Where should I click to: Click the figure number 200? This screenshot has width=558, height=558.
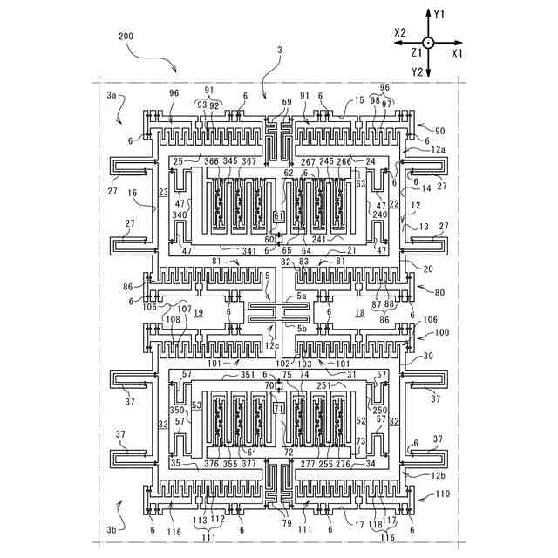(x=126, y=37)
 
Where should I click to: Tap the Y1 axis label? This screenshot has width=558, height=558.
(x=439, y=15)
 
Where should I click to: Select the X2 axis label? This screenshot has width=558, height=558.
(x=400, y=31)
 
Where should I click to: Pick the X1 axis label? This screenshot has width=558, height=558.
(x=457, y=53)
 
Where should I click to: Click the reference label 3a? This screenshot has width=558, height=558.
(x=111, y=93)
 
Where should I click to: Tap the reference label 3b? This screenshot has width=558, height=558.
(x=110, y=529)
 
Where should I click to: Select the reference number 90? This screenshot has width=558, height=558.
(x=439, y=131)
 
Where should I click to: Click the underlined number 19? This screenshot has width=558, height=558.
(x=198, y=312)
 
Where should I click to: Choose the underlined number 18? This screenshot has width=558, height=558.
(x=358, y=312)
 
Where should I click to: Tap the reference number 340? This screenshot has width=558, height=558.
(x=180, y=214)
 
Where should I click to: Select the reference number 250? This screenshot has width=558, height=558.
(x=379, y=410)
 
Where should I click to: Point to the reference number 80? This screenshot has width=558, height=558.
(x=439, y=293)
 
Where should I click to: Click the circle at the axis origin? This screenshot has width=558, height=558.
(x=427, y=43)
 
